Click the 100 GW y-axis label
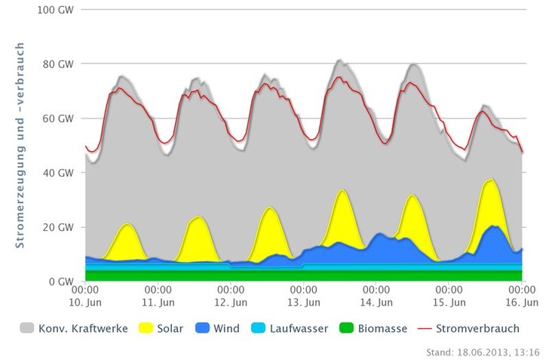coord(58,10)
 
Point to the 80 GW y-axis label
coord(60,64)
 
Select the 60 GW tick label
coord(60,118)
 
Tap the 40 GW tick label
coord(60,173)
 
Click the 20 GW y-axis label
coord(60,227)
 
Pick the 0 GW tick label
coord(63,282)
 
